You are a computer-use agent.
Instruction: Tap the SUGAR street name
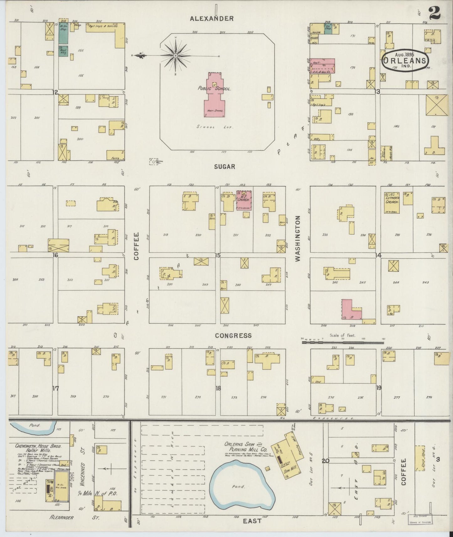[224, 167]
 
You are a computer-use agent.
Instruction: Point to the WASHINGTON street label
[298, 238]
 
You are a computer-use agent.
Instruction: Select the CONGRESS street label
[233, 336]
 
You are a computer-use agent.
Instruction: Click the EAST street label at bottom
[252, 521]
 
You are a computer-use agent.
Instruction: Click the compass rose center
[176, 55]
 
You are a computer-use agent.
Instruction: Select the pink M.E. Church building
[243, 200]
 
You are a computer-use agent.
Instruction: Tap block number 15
[218, 255]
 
